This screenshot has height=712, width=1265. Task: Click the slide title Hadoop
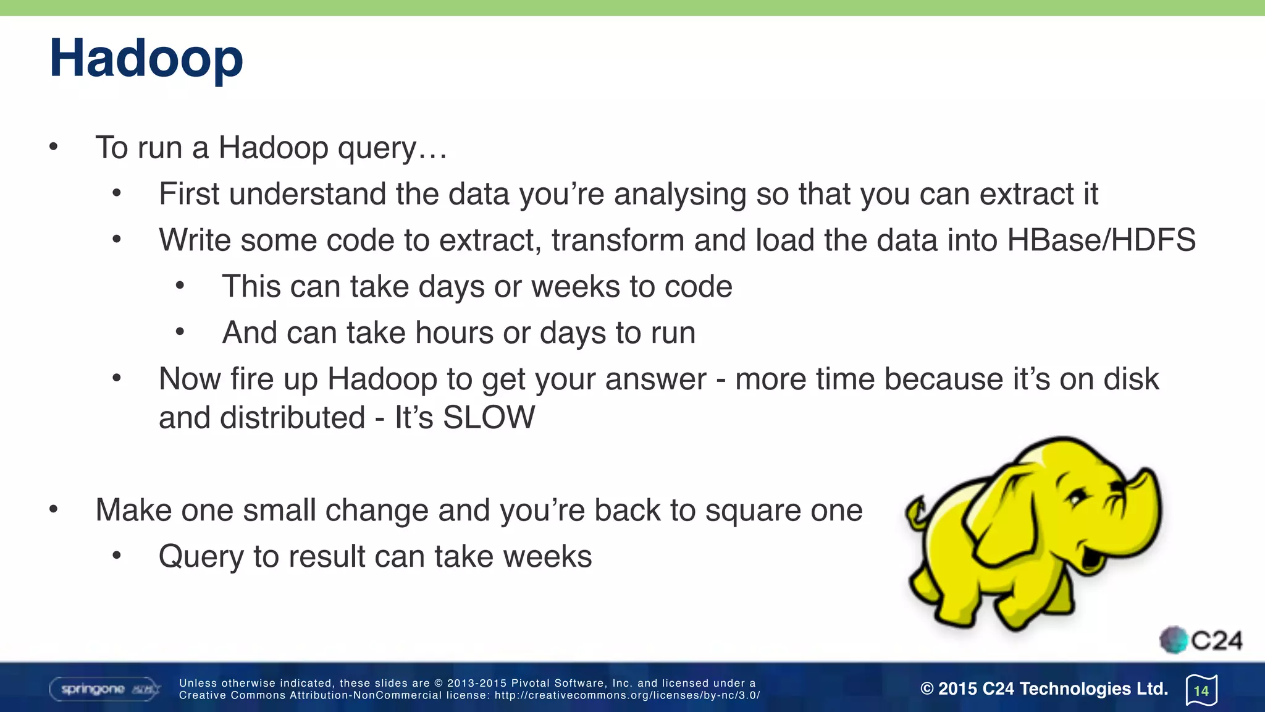click(x=146, y=58)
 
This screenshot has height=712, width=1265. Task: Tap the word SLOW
click(x=489, y=417)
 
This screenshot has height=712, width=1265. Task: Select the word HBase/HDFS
click(x=1101, y=240)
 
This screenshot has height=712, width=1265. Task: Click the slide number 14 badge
click(x=1201, y=690)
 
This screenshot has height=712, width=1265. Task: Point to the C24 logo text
click(x=1216, y=640)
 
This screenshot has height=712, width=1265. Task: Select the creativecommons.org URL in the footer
click(x=627, y=695)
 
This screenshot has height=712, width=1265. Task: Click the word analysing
click(x=679, y=194)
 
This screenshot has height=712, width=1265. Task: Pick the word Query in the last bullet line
click(x=201, y=557)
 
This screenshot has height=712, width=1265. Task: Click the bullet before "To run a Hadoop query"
click(x=54, y=147)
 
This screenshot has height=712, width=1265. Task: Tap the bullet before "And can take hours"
click(x=180, y=333)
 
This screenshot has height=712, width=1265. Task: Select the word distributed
click(x=293, y=417)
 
